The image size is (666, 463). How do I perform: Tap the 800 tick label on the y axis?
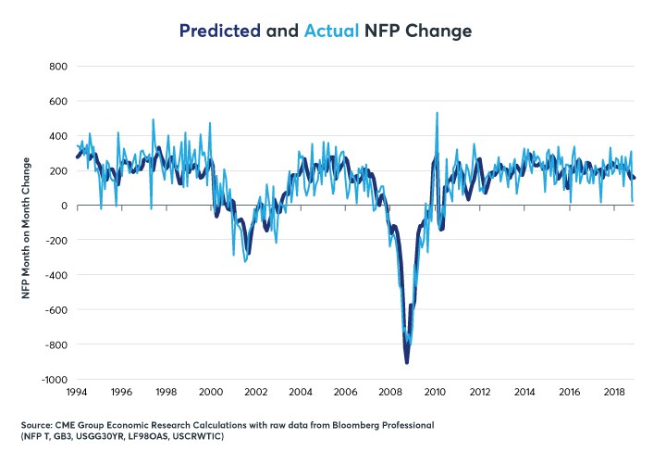point(59,67)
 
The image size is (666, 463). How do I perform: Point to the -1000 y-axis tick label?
point(55,380)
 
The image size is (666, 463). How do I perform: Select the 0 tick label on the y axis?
point(66,206)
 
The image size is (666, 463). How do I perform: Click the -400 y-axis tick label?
point(57,275)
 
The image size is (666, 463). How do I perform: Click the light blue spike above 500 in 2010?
point(437,113)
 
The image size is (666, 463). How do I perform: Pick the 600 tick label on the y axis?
point(59,102)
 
